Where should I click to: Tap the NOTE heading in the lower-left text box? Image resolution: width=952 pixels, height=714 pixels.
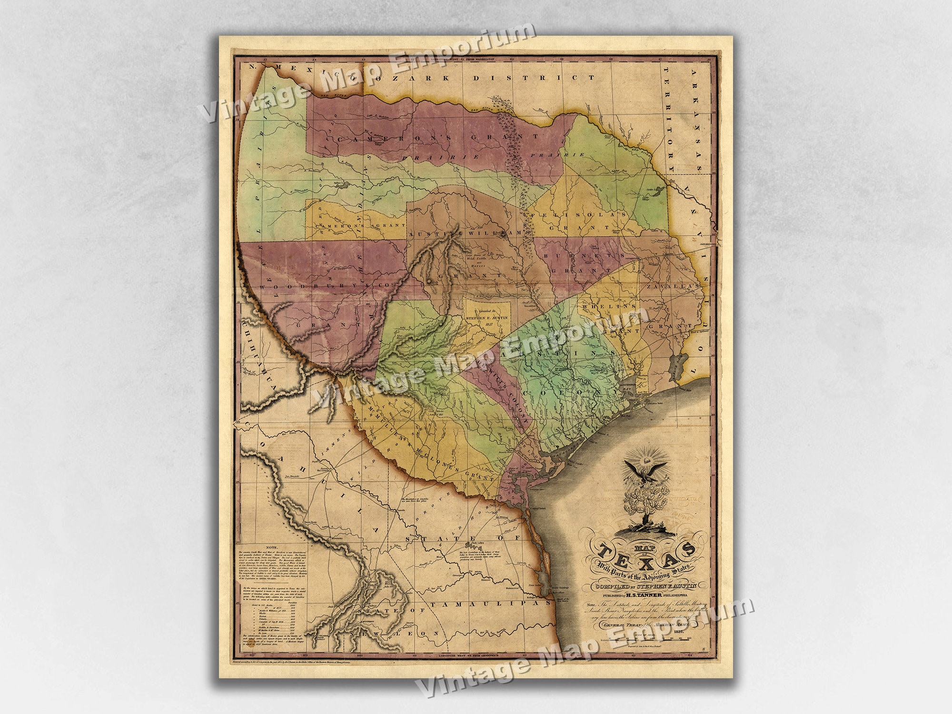pos(275,547)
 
